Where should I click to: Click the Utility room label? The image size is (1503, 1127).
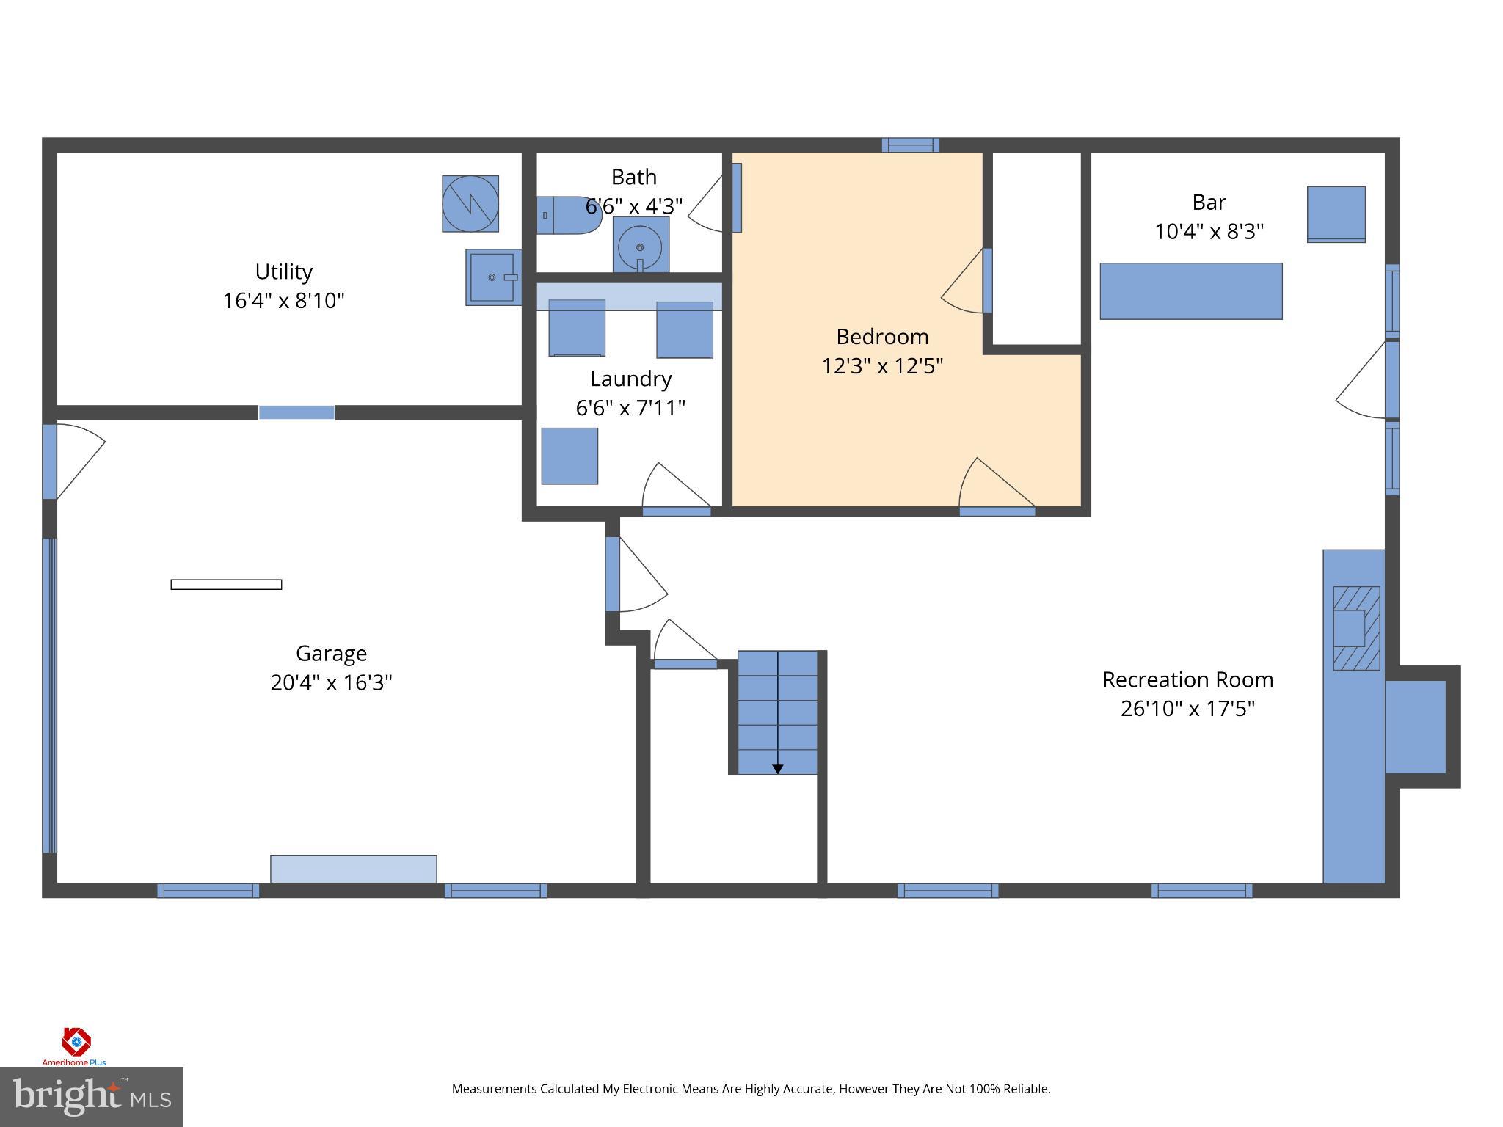tap(283, 271)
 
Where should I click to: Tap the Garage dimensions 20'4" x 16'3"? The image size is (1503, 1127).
tap(331, 682)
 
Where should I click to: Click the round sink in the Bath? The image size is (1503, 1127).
tap(640, 246)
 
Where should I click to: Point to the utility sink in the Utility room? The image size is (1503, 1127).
tap(492, 277)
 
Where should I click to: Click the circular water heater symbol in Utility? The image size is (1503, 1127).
tap(470, 203)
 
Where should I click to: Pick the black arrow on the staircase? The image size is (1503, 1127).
tap(777, 768)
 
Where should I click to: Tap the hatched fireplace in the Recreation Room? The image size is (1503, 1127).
tap(1355, 628)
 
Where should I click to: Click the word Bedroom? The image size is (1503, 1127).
tap(882, 337)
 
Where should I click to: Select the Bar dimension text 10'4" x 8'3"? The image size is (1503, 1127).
tap(1209, 232)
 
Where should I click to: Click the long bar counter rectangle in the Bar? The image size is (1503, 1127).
tap(1190, 291)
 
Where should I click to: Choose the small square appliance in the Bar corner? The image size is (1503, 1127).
tap(1336, 214)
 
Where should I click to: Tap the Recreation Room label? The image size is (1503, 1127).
tap(1187, 679)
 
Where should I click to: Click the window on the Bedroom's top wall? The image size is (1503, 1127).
tap(910, 145)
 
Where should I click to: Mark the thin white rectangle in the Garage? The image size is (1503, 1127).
tap(226, 584)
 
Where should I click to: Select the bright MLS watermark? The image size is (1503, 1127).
tap(91, 1096)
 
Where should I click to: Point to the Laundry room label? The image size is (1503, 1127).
tap(630, 379)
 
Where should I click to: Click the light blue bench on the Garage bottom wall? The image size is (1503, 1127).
tap(353, 869)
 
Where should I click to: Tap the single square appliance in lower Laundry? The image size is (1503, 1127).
tap(569, 456)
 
